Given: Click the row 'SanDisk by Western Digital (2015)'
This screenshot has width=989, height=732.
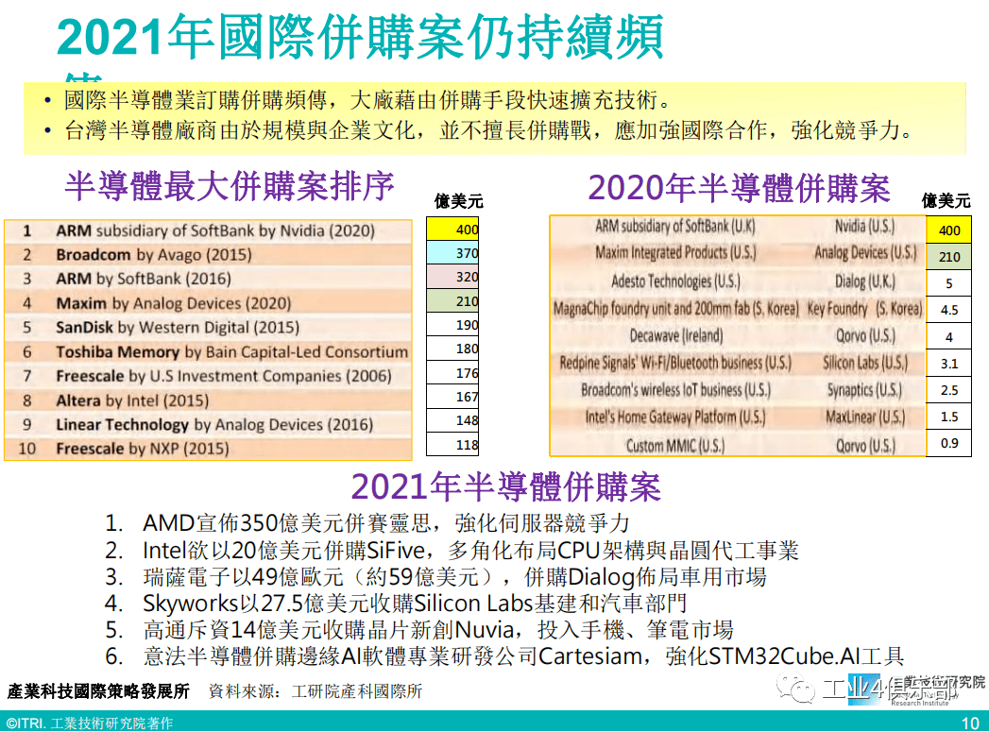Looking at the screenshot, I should pyautogui.click(x=177, y=328).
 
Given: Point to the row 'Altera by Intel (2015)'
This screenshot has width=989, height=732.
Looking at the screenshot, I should pyautogui.click(x=132, y=400).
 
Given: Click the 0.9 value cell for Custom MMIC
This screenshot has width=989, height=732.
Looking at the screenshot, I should pyautogui.click(x=948, y=444).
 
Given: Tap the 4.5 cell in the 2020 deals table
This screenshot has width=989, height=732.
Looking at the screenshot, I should pyautogui.click(x=948, y=309).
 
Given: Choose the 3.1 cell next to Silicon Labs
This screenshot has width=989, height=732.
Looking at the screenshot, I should pyautogui.click(x=948, y=363).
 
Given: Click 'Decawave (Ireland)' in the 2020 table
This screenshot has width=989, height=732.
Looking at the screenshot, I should pyautogui.click(x=675, y=336).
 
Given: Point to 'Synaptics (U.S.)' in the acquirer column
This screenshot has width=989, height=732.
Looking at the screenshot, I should pyautogui.click(x=863, y=390).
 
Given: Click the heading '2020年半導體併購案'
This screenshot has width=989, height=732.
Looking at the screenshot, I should pyautogui.click(x=739, y=189).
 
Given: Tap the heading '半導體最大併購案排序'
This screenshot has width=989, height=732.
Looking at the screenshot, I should pyautogui.click(x=230, y=186).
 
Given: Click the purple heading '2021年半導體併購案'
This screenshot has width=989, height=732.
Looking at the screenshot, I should pyautogui.click(x=505, y=487).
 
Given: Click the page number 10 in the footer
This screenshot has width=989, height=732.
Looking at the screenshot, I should pyautogui.click(x=970, y=723).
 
